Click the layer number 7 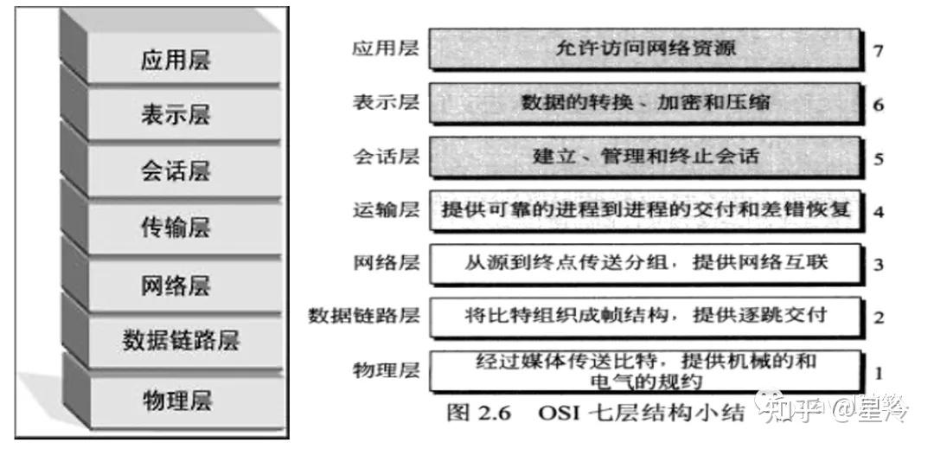pos(878,51)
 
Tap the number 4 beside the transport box pos(878,211)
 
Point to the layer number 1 pos(878,374)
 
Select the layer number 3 pos(878,264)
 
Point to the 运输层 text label pos(386,210)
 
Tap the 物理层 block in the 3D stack pos(176,401)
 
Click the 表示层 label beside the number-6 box pos(386,103)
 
